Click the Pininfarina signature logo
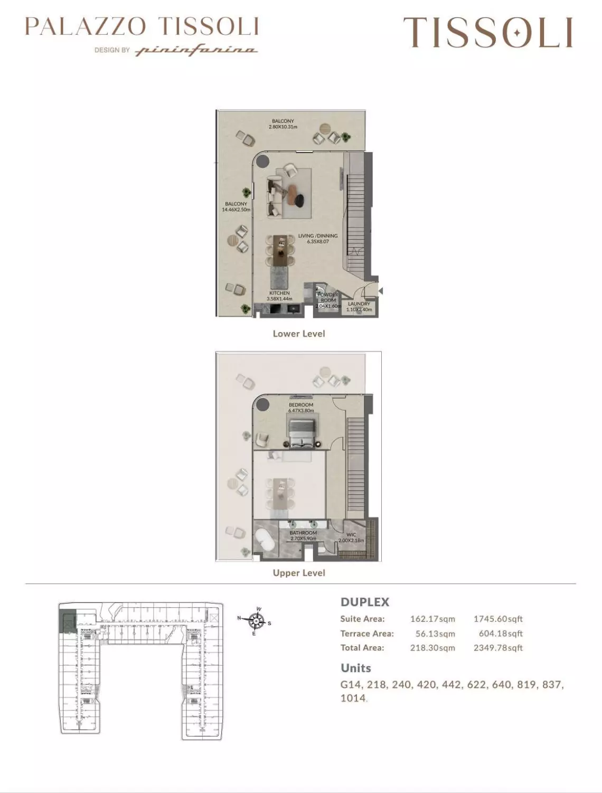[196, 51]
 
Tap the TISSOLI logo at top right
[488, 32]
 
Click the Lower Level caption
[299, 334]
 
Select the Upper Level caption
[299, 573]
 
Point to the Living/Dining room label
[318, 239]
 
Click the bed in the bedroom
[301, 433]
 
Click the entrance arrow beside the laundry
[380, 291]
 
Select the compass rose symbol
[256, 621]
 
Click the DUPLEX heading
[365, 602]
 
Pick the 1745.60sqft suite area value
[498, 619]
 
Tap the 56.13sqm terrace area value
[435, 634]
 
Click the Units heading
[356, 668]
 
